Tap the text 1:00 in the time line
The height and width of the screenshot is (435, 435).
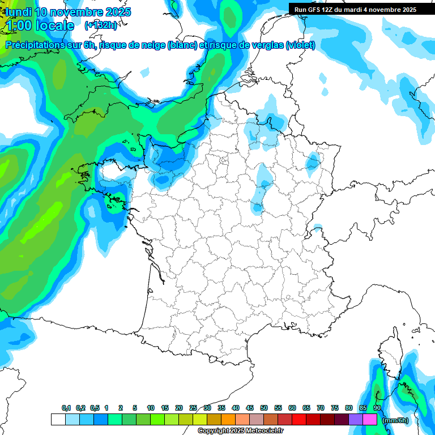tap(18, 25)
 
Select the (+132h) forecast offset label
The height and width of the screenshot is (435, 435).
tap(100, 25)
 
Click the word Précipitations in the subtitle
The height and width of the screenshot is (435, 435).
tap(35, 45)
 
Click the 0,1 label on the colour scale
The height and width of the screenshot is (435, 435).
tap(66, 408)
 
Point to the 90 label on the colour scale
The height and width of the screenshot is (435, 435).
tap(377, 408)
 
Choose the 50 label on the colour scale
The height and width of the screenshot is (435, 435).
tap(264, 408)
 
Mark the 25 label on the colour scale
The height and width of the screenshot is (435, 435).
tap(193, 408)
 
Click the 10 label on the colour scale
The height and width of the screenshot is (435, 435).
tap(151, 408)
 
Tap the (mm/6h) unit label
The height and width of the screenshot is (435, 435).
tap(395, 420)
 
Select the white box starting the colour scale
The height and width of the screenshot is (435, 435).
tap(58, 420)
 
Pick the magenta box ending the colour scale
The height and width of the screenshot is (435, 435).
tap(370, 420)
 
